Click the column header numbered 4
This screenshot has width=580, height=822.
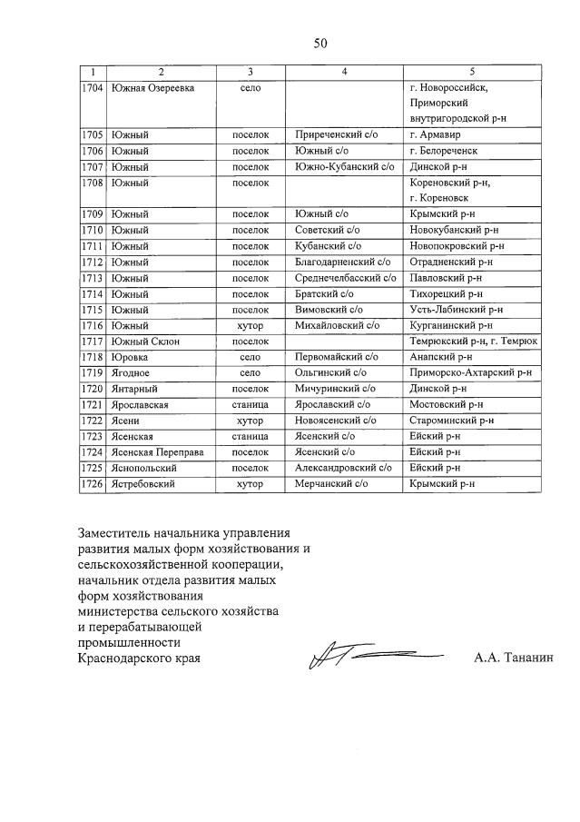pos(344,72)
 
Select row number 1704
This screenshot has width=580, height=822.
pos(91,88)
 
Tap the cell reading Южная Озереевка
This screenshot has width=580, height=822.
pos(151,88)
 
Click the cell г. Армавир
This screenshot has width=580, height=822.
pos(437,134)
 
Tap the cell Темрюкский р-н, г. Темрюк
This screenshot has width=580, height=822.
pos(473,342)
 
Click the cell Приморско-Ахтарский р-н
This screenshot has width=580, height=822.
pos(470,373)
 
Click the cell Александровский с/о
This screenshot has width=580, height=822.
pos(343,468)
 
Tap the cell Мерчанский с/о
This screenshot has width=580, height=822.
pos(331,484)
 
